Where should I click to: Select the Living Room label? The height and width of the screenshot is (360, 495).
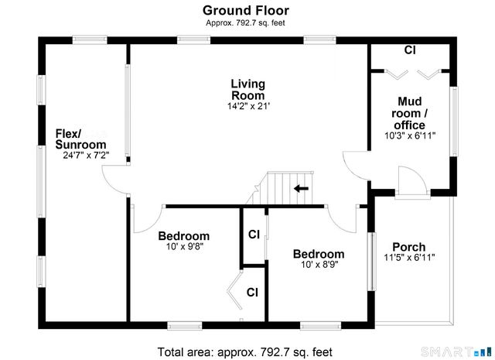click(247, 89)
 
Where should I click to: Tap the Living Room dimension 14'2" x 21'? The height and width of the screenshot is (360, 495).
click(247, 106)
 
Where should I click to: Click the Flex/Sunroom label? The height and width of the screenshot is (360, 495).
click(80, 139)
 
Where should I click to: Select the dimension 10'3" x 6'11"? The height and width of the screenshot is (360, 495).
click(410, 135)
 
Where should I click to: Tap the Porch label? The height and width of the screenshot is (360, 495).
click(408, 247)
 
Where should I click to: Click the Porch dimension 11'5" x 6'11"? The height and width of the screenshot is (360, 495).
click(409, 258)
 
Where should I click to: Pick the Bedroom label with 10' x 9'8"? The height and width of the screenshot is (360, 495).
click(183, 236)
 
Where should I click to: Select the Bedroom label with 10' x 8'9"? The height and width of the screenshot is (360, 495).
click(318, 254)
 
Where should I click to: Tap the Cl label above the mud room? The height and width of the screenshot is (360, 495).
click(410, 51)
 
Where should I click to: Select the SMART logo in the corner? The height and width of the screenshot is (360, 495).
click(467, 351)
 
